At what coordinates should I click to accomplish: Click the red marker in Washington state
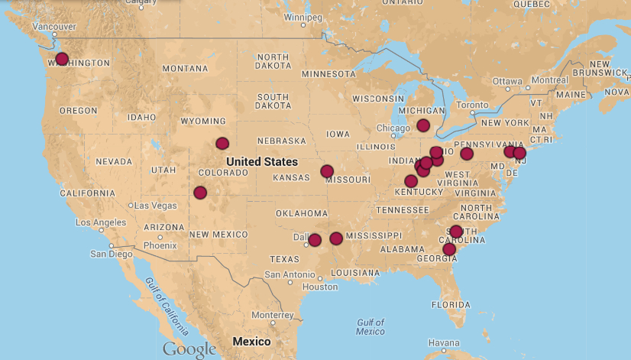[62, 59]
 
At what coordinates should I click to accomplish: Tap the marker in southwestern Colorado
[200, 193]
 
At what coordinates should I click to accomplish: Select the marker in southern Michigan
[423, 125]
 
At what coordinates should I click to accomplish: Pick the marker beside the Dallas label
[314, 240]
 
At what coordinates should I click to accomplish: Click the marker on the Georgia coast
[449, 249]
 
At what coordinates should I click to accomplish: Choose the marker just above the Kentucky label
[411, 181]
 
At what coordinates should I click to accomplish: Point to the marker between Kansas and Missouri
[327, 171]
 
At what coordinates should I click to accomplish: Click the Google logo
[189, 349]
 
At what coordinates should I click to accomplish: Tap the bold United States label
[262, 162]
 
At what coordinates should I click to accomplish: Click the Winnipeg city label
[303, 17]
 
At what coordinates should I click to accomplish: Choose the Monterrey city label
[272, 315]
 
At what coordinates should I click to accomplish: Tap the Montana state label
[185, 69]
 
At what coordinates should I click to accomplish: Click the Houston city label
[319, 287]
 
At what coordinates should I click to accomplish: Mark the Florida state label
[450, 304]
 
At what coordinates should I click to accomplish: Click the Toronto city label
[471, 105]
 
